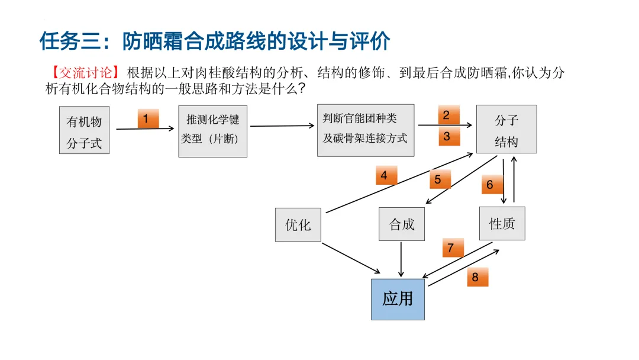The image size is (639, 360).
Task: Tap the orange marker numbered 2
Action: click(447, 115)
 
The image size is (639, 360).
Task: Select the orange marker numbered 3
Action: click(447, 136)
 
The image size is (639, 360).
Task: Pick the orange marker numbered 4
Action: click(385, 175)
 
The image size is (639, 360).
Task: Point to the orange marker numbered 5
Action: click(438, 179)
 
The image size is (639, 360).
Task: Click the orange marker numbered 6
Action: click(490, 185)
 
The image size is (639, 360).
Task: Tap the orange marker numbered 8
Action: click(476, 277)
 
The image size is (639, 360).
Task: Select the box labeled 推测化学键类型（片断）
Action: click(213, 131)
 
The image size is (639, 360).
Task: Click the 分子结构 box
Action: click(506, 130)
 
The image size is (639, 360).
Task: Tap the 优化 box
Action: click(298, 224)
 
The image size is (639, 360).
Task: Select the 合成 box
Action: click(402, 224)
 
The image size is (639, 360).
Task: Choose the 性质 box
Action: click(502, 223)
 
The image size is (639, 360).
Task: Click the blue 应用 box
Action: click(398, 299)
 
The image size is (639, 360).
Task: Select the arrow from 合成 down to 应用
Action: click(402, 259)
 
